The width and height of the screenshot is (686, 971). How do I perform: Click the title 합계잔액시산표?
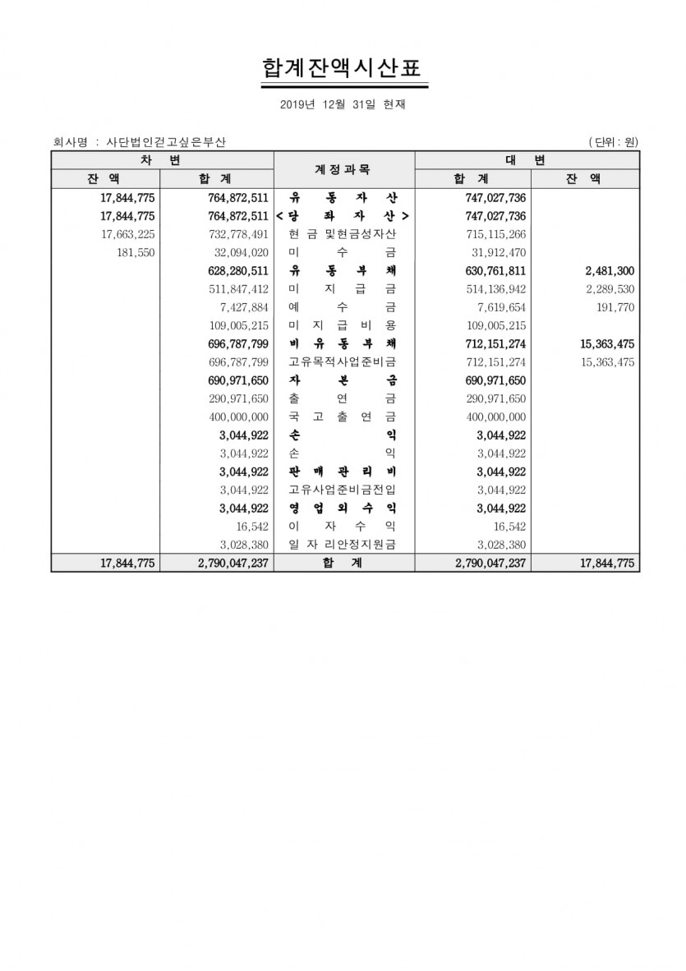click(344, 67)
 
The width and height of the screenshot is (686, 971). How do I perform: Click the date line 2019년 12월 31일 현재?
click(343, 104)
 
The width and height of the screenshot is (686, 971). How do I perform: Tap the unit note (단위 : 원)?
click(613, 142)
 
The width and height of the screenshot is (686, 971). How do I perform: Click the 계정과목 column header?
click(343, 169)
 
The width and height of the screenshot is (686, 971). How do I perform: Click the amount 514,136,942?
click(490, 289)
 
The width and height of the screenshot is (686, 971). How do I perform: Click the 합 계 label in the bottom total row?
click(343, 564)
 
